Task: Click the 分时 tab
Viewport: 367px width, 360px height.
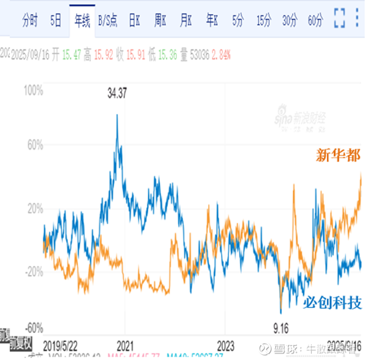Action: (x=30, y=21)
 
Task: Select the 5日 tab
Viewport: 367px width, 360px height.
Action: (x=56, y=21)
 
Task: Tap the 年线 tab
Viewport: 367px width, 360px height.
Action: (x=82, y=21)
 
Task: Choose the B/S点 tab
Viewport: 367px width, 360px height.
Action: (x=108, y=21)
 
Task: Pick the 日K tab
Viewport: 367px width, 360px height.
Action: (x=134, y=21)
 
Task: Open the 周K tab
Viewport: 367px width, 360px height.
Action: (x=160, y=21)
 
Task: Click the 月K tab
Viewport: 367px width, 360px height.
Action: (x=186, y=21)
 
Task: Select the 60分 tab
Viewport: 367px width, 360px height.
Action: (x=315, y=21)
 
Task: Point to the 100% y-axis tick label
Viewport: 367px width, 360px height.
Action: (x=34, y=90)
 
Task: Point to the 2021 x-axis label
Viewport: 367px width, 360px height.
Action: (x=125, y=346)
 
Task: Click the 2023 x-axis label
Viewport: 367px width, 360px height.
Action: (x=225, y=346)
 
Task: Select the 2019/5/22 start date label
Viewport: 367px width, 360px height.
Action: (x=60, y=346)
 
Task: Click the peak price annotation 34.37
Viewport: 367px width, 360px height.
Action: (x=117, y=94)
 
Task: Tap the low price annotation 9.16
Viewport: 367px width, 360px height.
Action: (x=279, y=330)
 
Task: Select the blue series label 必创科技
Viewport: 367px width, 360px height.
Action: (x=332, y=303)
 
